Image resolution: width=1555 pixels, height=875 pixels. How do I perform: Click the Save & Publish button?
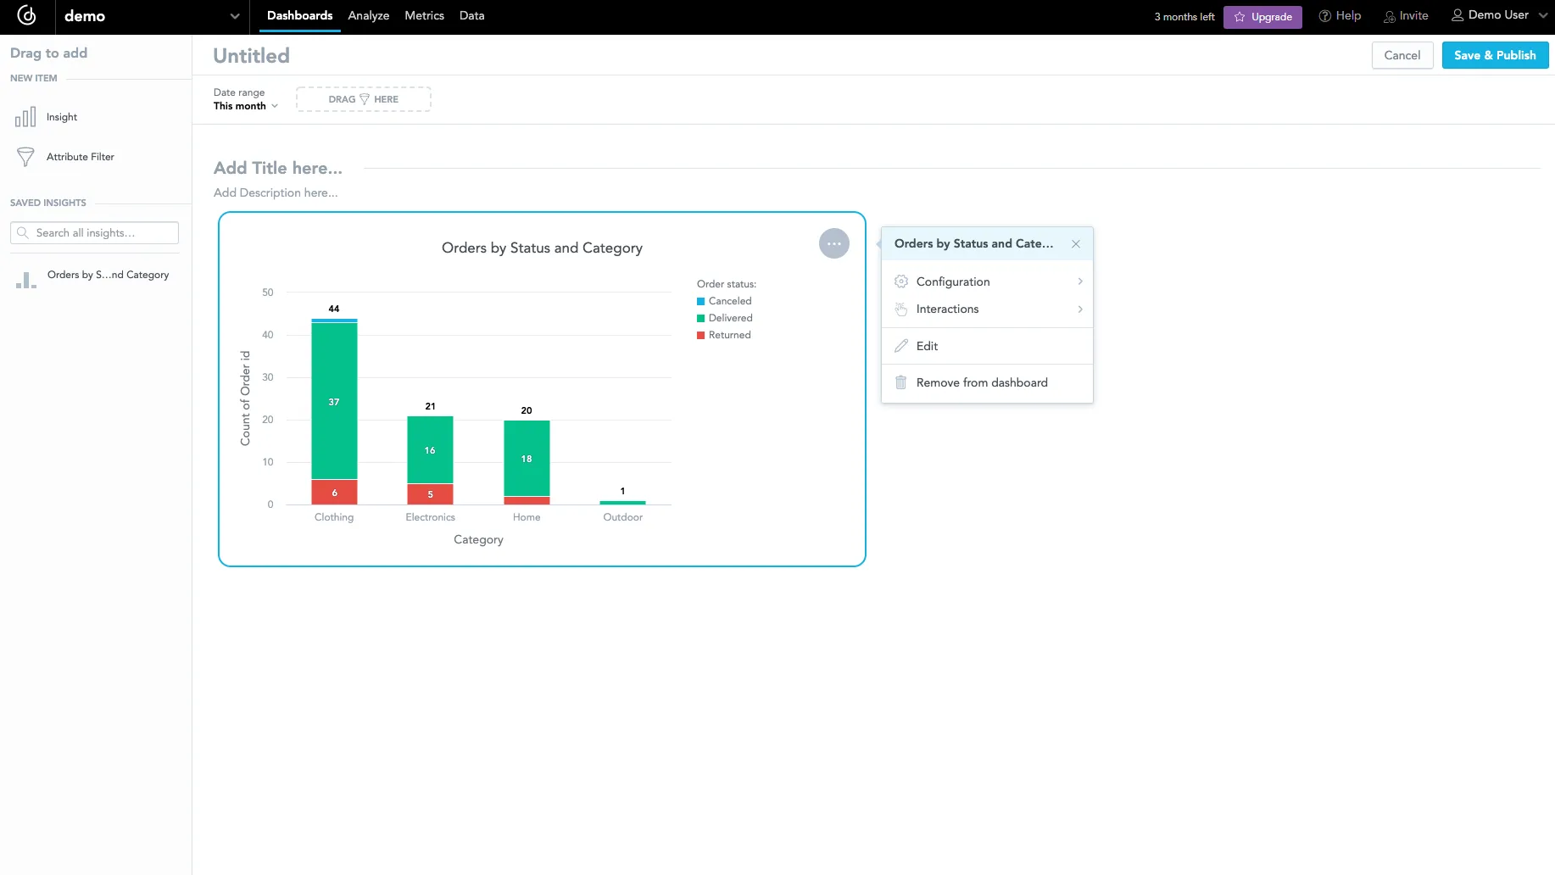(1495, 55)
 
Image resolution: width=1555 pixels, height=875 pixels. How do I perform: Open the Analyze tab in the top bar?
(368, 16)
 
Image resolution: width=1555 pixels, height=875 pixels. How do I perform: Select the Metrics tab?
(424, 16)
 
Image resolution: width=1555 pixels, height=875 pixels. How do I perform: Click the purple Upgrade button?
(1262, 17)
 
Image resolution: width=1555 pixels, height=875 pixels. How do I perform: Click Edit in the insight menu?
(927, 346)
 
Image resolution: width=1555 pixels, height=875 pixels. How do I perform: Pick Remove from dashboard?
(981, 383)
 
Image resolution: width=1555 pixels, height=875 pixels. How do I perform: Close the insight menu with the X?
(1076, 244)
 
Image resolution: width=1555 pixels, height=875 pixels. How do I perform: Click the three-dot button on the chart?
(834, 243)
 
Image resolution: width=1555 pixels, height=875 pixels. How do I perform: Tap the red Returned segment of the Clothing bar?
(334, 493)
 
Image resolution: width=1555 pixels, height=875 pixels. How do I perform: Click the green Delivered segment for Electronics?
(430, 450)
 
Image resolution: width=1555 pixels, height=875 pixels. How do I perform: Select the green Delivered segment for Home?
(527, 459)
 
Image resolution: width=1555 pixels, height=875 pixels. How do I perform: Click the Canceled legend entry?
(729, 301)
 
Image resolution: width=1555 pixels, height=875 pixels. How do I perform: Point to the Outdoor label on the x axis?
(622, 517)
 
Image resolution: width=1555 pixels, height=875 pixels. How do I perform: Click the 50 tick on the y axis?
(268, 293)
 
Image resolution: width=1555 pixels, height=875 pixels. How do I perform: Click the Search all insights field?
(95, 233)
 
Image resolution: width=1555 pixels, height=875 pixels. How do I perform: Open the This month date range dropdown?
(245, 106)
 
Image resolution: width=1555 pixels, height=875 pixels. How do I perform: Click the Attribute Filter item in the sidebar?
(80, 157)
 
